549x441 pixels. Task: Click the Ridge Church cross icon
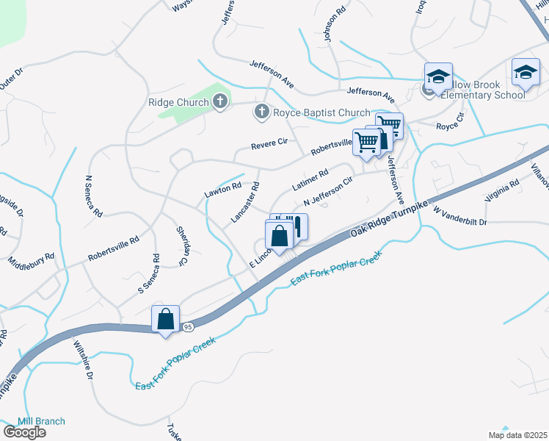tap(220, 102)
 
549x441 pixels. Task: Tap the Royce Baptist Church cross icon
tap(261, 112)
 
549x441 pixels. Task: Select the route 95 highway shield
tap(188, 326)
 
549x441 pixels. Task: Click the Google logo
tap(24, 431)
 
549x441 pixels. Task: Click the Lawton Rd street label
tap(222, 190)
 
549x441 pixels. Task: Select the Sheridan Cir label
tap(181, 246)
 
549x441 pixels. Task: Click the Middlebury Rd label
tap(32, 259)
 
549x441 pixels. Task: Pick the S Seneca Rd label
tap(149, 274)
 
